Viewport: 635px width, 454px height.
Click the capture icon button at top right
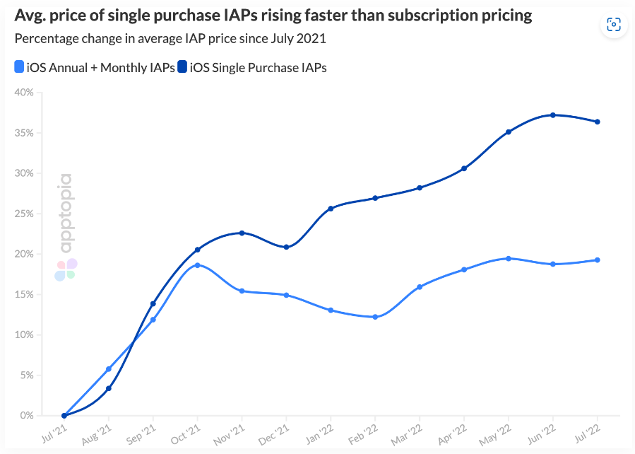[x=613, y=25]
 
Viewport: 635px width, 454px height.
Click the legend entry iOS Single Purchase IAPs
[x=252, y=67]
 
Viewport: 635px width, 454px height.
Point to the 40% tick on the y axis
[x=24, y=92]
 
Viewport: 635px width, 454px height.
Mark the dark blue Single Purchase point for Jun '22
[x=553, y=115]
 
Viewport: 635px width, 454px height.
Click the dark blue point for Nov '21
[x=242, y=233]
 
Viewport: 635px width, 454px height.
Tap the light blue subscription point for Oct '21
[x=198, y=265]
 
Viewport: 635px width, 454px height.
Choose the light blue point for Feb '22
[x=375, y=317]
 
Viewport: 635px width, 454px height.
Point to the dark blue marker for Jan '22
[x=331, y=209]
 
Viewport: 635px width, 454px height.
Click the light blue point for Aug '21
[x=109, y=369]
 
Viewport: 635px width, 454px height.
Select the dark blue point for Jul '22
[x=598, y=122]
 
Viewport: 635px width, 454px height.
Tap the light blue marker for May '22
[x=509, y=258]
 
